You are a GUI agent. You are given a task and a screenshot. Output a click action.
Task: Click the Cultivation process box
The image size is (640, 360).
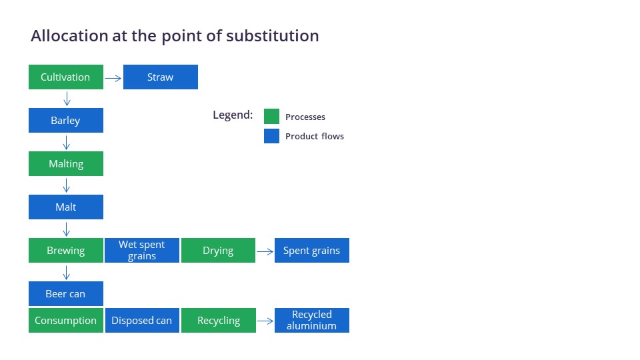point(66,77)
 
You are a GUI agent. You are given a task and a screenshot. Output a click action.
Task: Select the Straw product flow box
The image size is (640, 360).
point(161,77)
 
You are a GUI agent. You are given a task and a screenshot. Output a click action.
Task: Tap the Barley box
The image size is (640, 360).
point(66,121)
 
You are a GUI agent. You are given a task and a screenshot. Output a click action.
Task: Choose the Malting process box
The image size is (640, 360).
point(66,164)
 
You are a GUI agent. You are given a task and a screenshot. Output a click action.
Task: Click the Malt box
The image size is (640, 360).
point(66,207)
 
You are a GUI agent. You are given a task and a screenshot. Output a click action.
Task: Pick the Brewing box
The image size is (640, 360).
point(66,250)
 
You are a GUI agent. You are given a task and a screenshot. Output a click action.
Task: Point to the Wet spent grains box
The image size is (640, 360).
point(141,250)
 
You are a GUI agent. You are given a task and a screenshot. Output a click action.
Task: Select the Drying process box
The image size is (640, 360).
point(219,250)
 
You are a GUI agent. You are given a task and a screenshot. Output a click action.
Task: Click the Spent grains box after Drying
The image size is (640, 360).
point(312,250)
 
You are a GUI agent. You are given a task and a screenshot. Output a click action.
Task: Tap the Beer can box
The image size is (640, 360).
point(66,293)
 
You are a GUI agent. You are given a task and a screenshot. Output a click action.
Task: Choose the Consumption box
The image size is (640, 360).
point(66,321)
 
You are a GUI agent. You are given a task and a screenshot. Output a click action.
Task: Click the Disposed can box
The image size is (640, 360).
point(142,321)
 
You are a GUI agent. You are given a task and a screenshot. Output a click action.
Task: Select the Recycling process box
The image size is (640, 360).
point(219,321)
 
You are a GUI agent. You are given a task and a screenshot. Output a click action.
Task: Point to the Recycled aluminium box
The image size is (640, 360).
point(312,321)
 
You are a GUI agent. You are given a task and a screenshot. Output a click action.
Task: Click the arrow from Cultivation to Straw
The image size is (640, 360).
point(113,78)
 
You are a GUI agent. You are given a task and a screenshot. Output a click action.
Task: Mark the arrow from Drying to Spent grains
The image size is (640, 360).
point(265,251)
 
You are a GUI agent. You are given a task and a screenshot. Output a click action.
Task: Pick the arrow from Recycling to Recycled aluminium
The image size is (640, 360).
point(265,321)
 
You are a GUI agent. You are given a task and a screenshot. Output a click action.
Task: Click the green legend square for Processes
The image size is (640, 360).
point(271,116)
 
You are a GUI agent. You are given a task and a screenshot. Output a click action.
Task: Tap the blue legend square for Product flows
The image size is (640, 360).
point(271,136)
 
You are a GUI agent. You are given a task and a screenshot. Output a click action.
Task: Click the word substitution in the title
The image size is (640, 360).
point(272,36)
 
